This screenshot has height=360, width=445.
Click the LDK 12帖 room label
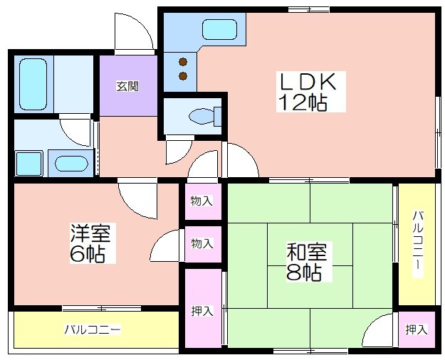point(308,92)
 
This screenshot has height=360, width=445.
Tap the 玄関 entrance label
point(127,87)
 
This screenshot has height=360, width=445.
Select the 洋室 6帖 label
point(90,243)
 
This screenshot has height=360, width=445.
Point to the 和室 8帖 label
point(306,261)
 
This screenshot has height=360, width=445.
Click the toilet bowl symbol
point(204,116)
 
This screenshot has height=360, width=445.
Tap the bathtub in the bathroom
point(33,84)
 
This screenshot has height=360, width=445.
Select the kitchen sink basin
point(219,29)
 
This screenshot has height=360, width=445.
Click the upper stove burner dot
point(183,62)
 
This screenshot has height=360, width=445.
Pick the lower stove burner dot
point(183,75)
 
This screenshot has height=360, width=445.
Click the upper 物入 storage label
point(201,201)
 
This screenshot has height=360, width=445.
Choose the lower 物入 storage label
point(201,243)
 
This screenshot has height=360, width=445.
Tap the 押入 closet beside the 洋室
point(202,311)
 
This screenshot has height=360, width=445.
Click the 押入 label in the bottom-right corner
point(417,329)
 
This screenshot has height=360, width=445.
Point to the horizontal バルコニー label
point(93,329)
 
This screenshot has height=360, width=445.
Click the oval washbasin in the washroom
point(70,164)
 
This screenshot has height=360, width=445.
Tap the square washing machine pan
point(28,164)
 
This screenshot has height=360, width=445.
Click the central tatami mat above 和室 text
point(310,244)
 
